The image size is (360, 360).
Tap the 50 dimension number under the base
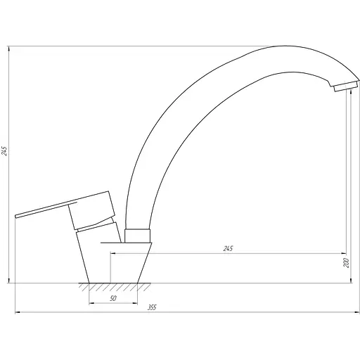[114, 299]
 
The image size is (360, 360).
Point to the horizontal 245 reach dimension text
[227, 248]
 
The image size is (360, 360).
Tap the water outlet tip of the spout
[342, 88]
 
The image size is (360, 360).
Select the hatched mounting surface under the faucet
[113, 288]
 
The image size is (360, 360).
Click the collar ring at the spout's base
[139, 236]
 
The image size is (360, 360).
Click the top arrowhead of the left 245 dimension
[10, 48]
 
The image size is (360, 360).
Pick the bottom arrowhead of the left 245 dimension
[10, 281]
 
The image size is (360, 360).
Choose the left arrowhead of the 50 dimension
[91, 304]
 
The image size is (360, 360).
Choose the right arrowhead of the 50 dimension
[136, 304]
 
